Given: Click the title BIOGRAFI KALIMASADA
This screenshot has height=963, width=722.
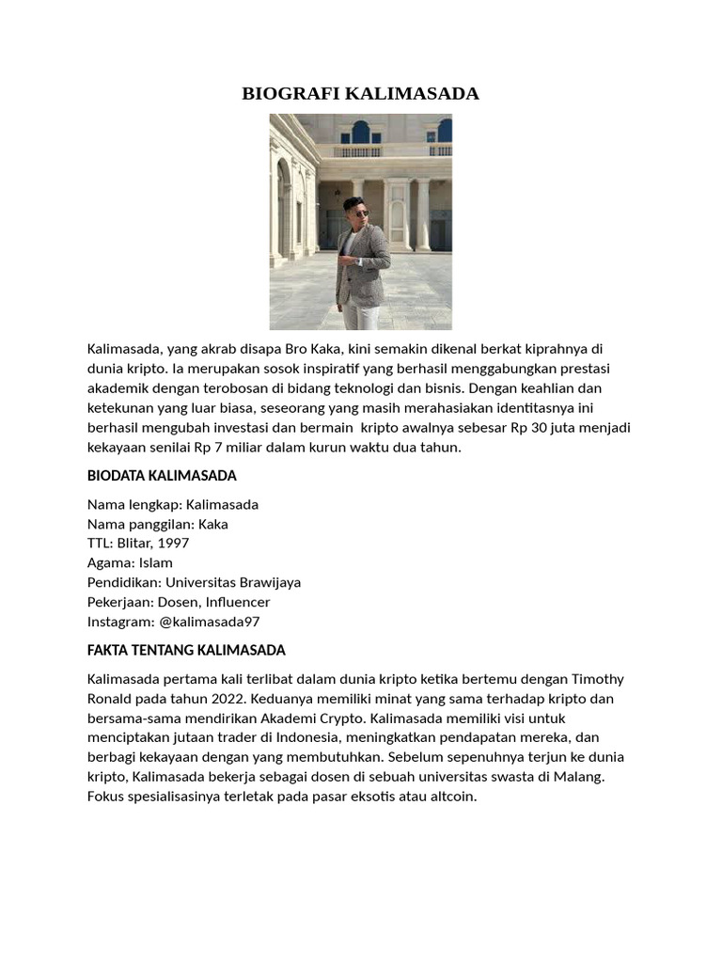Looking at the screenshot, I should [360, 93].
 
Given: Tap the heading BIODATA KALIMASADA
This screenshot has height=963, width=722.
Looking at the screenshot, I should [162, 476].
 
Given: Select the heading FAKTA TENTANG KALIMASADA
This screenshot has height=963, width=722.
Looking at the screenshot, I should [186, 650].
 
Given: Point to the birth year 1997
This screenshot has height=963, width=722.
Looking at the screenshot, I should [176, 544].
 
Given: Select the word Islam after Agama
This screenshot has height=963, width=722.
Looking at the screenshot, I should [155, 563].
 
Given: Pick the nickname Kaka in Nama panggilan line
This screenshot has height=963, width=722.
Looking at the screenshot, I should [212, 524].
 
